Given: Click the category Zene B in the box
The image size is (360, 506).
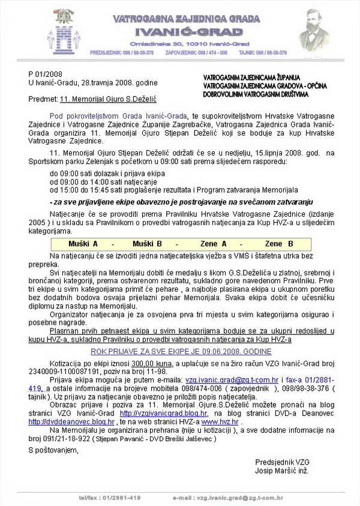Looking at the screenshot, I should [279, 244].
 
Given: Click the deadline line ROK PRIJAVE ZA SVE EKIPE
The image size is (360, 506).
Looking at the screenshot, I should [180, 349].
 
